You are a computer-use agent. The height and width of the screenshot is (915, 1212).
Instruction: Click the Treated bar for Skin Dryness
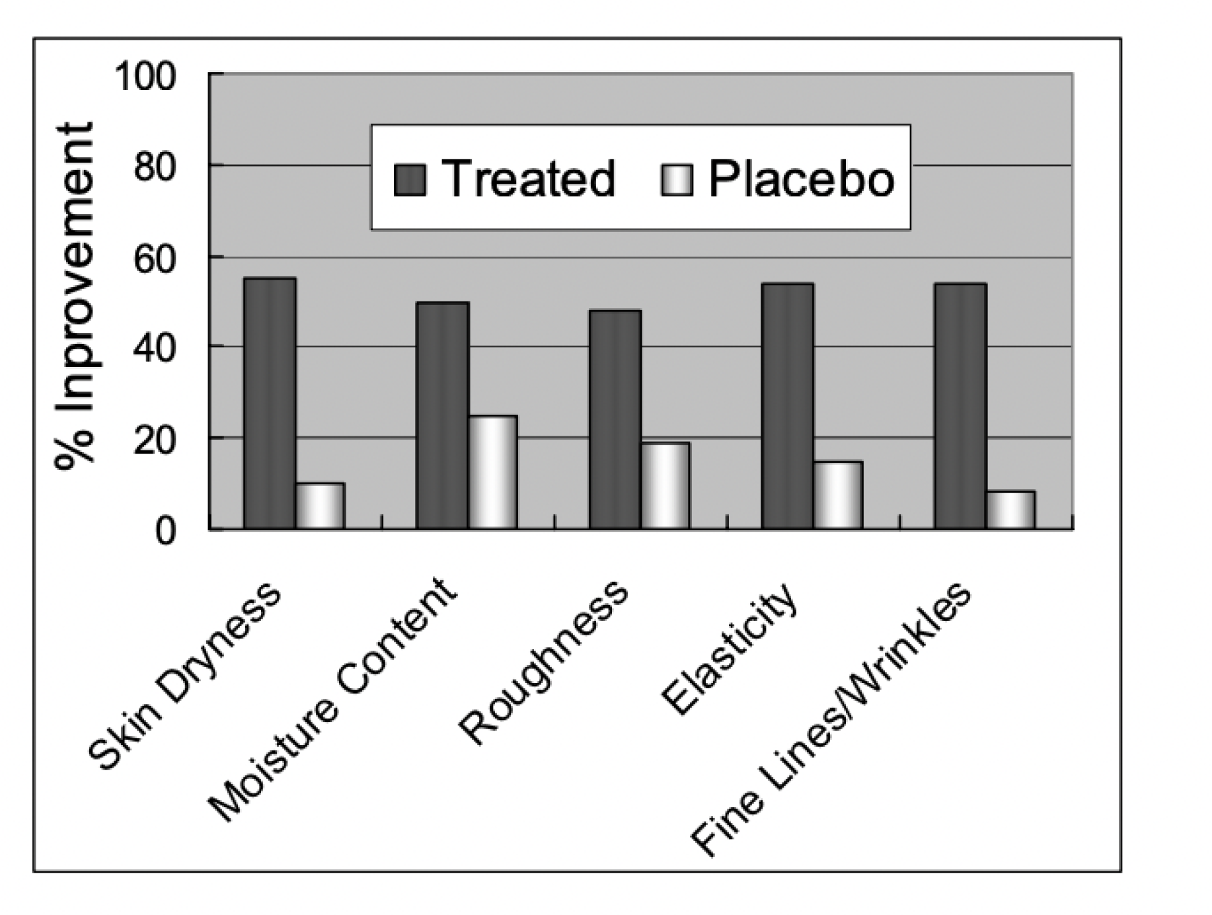click(270, 403)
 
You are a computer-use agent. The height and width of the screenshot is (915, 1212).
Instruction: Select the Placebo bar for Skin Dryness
click(320, 506)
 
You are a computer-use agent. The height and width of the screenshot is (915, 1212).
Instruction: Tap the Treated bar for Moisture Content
click(442, 415)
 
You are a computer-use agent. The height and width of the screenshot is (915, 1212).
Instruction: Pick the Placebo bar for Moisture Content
click(493, 472)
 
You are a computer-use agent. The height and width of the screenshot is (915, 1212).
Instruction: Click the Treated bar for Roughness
click(615, 419)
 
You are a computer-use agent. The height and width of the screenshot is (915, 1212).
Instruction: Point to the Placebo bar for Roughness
click(665, 485)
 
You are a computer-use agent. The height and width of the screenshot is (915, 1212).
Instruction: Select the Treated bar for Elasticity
click(788, 406)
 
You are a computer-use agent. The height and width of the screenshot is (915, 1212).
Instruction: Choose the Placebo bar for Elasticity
click(838, 495)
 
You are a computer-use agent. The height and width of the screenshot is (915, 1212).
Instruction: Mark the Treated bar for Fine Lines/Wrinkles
click(960, 406)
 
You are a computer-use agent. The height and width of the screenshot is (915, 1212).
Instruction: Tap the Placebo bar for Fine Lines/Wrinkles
click(1011, 510)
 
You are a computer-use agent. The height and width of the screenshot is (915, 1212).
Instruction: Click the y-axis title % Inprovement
click(74, 296)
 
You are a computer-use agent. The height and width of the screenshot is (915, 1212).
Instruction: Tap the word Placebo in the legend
click(802, 179)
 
